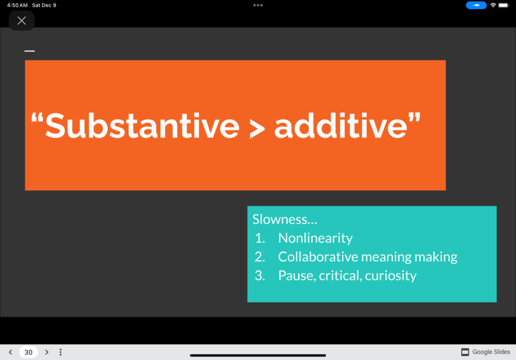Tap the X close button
22,21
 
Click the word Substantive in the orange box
142,126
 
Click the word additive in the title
341,126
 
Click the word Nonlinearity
315,238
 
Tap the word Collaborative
318,257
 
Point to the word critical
340,275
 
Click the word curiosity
391,276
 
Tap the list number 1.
260,238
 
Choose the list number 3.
260,276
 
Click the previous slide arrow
11,352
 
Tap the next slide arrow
47,352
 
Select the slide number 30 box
29,352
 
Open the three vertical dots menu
60,352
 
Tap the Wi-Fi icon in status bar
493,5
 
